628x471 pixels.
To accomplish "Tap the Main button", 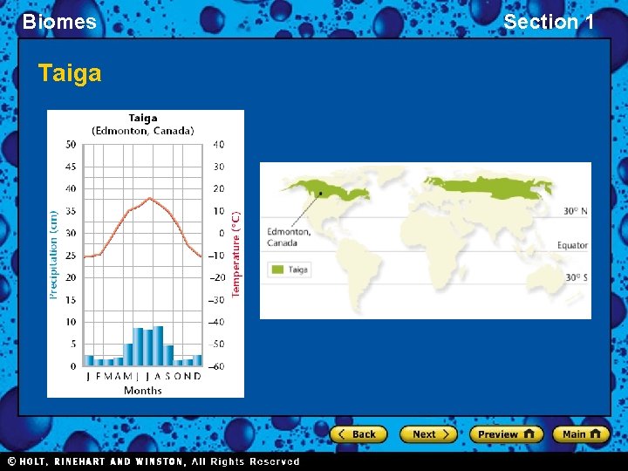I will (x=583, y=434).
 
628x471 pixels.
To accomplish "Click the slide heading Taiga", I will (x=70, y=73).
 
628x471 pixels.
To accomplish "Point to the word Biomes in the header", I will (x=59, y=22).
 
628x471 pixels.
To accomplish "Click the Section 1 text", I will (x=549, y=22).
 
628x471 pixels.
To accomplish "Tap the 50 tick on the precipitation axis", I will (x=71, y=145).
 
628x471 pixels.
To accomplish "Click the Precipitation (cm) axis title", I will (x=53, y=256).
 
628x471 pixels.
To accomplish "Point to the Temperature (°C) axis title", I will (x=236, y=256).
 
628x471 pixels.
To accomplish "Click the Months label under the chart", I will (x=143, y=391).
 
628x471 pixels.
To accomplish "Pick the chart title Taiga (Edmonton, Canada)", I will (x=143, y=125).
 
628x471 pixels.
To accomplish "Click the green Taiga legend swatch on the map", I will (x=278, y=270).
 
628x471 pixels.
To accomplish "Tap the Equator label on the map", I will (x=572, y=246).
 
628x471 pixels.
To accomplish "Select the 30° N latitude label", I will (x=575, y=211).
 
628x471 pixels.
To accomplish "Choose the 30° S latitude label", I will (x=575, y=277).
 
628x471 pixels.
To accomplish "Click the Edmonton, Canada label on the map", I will (x=289, y=236).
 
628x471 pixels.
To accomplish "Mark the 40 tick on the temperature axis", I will (x=218, y=145).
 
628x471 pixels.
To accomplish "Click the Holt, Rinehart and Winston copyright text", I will (x=154, y=461).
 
